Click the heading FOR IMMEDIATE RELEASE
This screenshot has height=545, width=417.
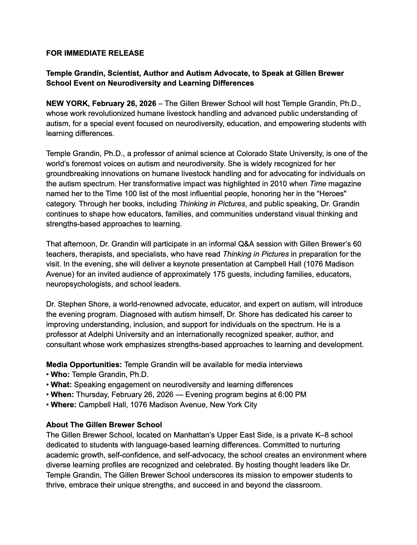click(x=95, y=53)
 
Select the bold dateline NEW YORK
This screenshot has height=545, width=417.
click(x=68, y=104)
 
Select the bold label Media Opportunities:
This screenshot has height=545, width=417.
click(x=84, y=365)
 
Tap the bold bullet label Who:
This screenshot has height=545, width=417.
click(x=60, y=375)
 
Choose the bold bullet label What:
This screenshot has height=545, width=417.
click(x=61, y=385)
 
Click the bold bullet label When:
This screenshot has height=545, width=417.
click(x=62, y=395)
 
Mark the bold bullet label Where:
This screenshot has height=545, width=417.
click(x=64, y=405)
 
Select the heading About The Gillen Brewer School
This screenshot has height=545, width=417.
click(x=104, y=425)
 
